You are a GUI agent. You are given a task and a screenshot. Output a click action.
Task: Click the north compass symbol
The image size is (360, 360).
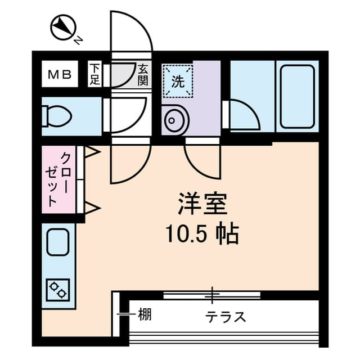point(63,28)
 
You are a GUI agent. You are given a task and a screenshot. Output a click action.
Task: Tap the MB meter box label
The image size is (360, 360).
point(60,74)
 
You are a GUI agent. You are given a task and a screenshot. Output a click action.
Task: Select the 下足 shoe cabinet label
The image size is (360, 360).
point(94,74)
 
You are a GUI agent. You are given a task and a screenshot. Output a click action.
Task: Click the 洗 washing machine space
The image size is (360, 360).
point(178,81)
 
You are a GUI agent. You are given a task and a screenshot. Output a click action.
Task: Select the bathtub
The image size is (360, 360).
point(297,96)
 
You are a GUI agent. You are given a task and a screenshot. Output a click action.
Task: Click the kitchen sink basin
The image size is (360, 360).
point(58,242)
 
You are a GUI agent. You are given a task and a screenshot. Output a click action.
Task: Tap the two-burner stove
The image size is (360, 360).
point(58,290)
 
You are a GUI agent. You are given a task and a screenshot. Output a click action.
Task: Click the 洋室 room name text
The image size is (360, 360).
point(202,204)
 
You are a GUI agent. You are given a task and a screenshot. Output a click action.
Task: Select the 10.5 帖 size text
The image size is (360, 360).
point(202,233)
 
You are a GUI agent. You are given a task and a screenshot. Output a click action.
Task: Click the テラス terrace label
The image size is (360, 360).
point(226,317)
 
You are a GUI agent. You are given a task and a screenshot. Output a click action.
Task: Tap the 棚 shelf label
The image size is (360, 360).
point(145,314)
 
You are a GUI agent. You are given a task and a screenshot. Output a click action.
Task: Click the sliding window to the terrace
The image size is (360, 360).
point(212,295)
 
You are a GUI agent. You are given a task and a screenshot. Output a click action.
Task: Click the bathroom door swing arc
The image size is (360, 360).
point(251,108)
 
